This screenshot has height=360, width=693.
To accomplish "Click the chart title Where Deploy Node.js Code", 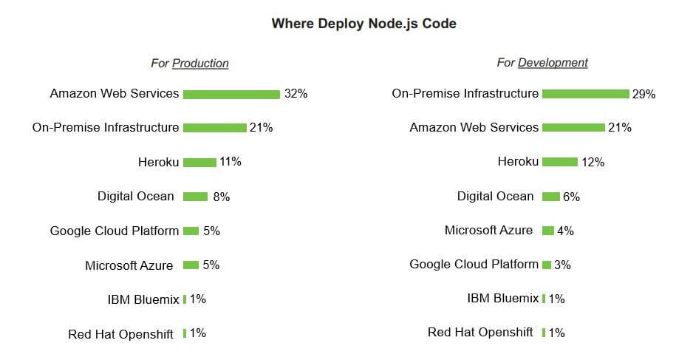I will click(x=363, y=24).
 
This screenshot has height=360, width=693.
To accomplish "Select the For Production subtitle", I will click(x=190, y=64).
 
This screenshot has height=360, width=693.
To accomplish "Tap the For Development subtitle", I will click(x=542, y=63).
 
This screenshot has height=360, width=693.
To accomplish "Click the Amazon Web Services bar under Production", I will click(x=231, y=95).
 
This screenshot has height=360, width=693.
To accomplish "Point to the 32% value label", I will click(x=296, y=94).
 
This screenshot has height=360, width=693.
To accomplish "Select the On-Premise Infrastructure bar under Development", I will click(x=585, y=94).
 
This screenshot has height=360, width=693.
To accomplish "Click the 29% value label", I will click(x=643, y=94).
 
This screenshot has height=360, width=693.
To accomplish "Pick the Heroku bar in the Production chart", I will click(x=199, y=163).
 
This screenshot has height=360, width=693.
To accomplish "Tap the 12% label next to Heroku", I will click(x=593, y=162).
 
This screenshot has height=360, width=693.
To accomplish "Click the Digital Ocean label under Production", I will click(x=136, y=196).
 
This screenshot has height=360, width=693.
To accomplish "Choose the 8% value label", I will click(x=221, y=197).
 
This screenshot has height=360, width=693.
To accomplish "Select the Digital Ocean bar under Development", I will click(x=550, y=197).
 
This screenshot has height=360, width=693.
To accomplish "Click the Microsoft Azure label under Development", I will click(x=488, y=230).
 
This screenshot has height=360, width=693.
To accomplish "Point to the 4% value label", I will click(x=565, y=231).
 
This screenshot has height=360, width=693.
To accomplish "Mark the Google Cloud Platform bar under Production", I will click(x=191, y=231).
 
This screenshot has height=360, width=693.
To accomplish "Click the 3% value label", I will click(x=562, y=265).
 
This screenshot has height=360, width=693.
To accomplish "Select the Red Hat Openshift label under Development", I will click(x=480, y=332).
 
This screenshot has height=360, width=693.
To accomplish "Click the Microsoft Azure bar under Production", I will click(x=191, y=265).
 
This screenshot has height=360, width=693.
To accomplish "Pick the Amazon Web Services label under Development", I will click(x=474, y=127).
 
